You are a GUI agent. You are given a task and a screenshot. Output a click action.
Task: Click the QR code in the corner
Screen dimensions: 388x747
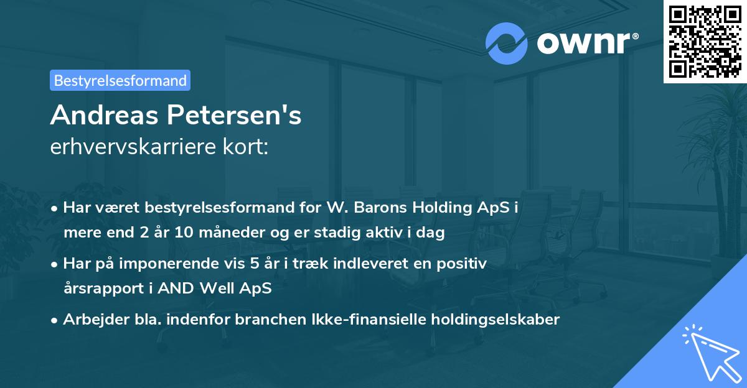tap(705, 41)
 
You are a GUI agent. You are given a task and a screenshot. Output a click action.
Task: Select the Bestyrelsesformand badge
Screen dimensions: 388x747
tap(120, 80)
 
